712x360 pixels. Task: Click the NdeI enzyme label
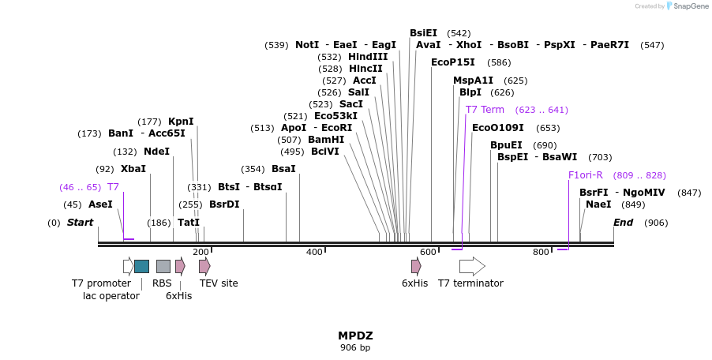tap(156, 152)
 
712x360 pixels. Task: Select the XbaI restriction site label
tap(133, 169)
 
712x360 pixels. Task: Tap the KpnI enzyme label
tap(181, 122)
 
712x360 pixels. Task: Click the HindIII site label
tap(368, 57)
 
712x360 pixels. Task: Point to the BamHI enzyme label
tap(326, 140)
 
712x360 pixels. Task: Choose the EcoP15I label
tap(453, 62)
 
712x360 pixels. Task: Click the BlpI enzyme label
tap(470, 92)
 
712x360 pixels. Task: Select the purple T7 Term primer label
tap(485, 110)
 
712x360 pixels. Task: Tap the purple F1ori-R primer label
tap(586, 175)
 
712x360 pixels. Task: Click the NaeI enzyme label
tap(598, 204)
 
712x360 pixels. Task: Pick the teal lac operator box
tap(141, 266)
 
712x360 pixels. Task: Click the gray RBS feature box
tap(163, 266)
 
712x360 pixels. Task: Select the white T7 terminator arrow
tap(472, 266)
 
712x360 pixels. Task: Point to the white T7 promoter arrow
tap(128, 266)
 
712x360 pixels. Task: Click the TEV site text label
tap(219, 283)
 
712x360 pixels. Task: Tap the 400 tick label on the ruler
tap(314, 252)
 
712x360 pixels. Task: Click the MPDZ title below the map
tap(354, 336)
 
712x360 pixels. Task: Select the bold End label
tap(623, 223)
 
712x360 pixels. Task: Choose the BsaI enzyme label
tap(283, 169)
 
